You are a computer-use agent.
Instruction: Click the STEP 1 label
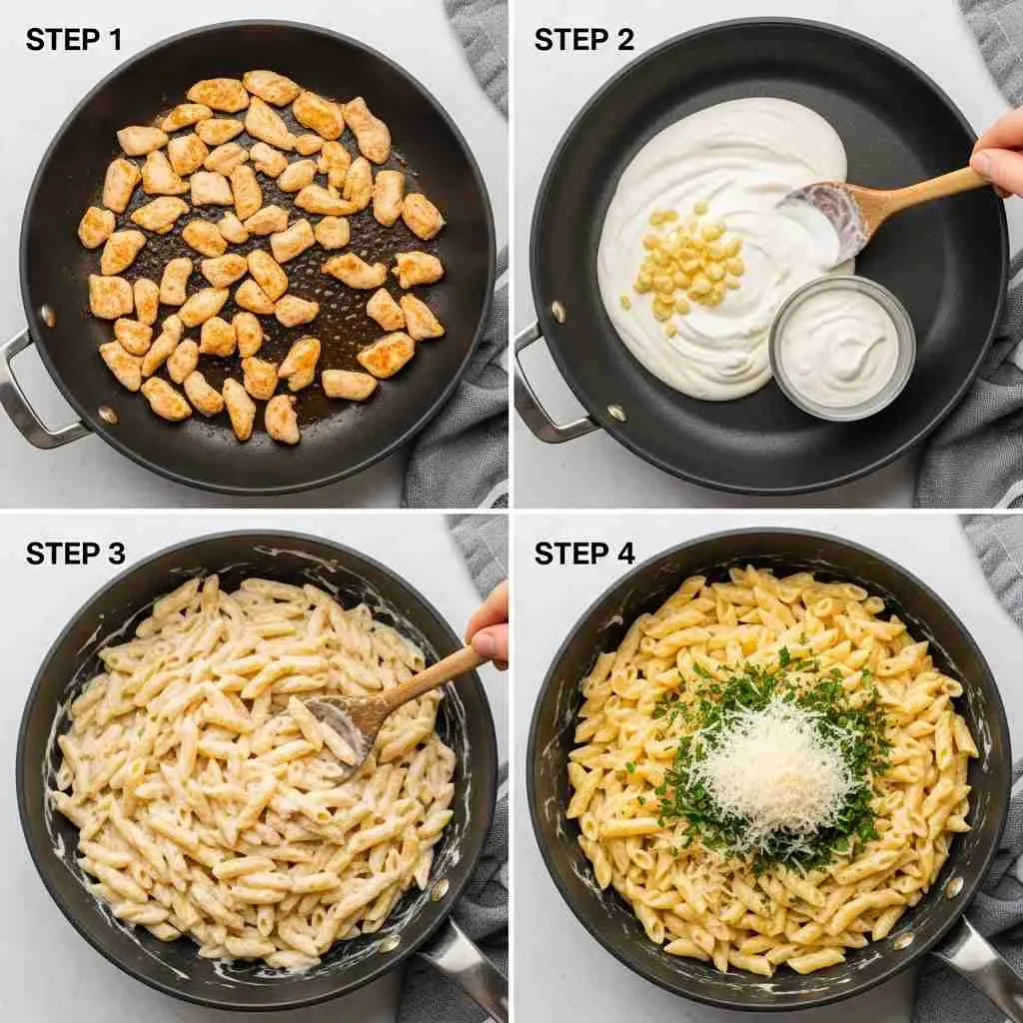[74, 40]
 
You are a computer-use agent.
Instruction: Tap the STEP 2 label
[583, 40]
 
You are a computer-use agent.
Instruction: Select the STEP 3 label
[75, 553]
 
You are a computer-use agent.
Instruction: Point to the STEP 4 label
[584, 553]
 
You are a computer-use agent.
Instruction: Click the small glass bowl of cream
[841, 348]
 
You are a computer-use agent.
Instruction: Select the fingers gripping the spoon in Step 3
[488, 627]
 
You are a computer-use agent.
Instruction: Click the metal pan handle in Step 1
[33, 392]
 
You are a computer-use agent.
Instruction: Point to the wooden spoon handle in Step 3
[431, 678]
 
